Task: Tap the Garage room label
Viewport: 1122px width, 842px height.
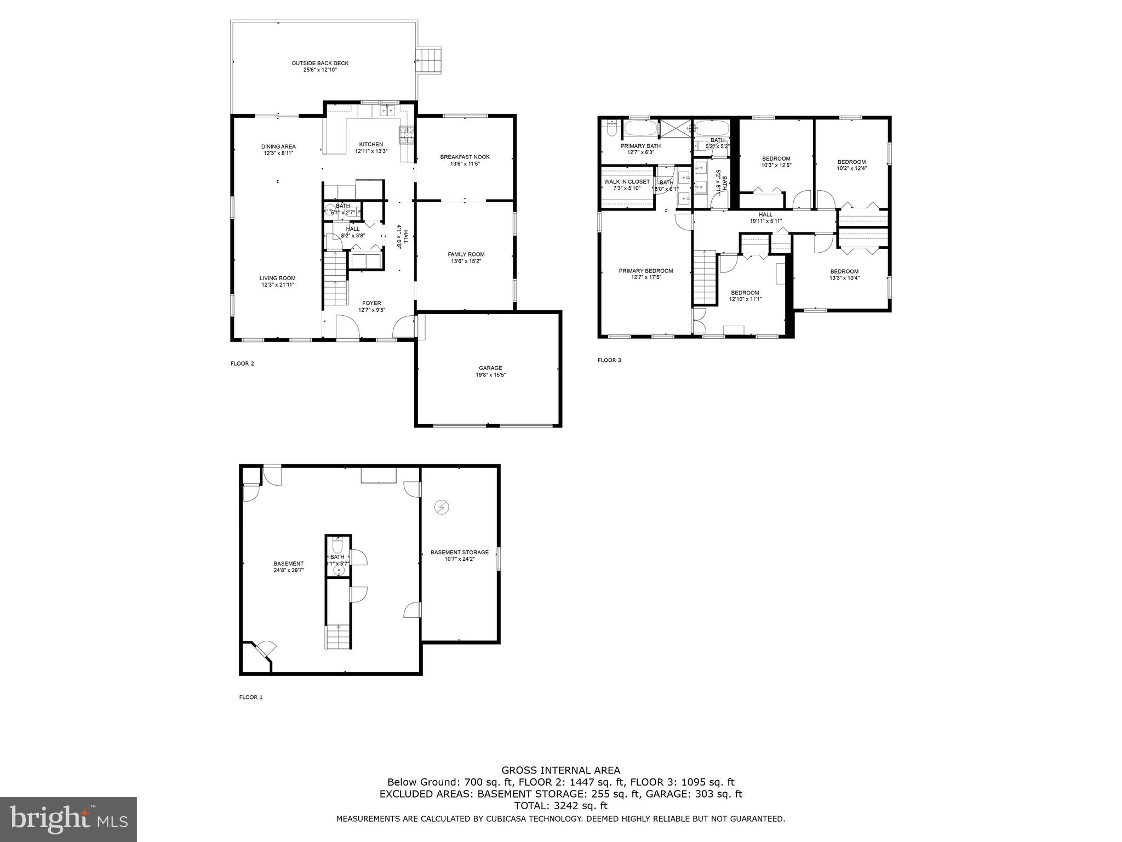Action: [x=490, y=368]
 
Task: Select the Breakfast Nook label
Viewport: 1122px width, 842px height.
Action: [x=465, y=157]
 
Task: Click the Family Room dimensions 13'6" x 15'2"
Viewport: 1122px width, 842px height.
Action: [x=466, y=261]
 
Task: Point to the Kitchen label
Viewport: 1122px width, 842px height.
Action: [x=371, y=144]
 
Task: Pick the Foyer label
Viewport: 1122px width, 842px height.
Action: [x=371, y=303]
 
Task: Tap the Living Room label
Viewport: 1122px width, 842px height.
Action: [x=277, y=278]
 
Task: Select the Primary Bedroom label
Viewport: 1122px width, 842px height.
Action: [x=646, y=271]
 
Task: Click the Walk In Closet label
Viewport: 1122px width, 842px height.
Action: [x=627, y=181]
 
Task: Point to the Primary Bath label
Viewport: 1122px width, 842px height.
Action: [x=640, y=146]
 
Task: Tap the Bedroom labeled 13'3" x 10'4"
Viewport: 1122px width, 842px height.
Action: [x=844, y=271]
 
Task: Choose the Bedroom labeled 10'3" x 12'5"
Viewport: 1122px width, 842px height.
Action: [x=776, y=158]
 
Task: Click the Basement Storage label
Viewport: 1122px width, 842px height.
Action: [x=459, y=552]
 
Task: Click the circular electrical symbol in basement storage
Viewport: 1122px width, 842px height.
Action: [x=442, y=507]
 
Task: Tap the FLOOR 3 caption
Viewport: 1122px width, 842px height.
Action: [x=609, y=360]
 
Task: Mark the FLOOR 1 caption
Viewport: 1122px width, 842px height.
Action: [x=251, y=697]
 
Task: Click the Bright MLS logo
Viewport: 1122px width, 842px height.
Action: [x=68, y=820]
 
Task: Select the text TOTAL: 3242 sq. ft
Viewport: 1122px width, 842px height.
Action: [x=560, y=805]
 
